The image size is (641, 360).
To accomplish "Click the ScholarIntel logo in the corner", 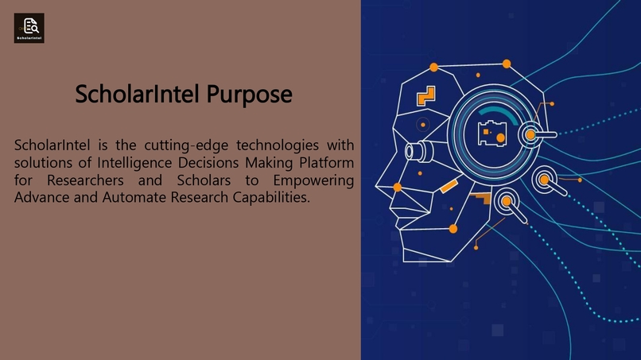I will [x=29, y=28].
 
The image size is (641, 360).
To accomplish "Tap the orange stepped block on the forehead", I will [x=426, y=95].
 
